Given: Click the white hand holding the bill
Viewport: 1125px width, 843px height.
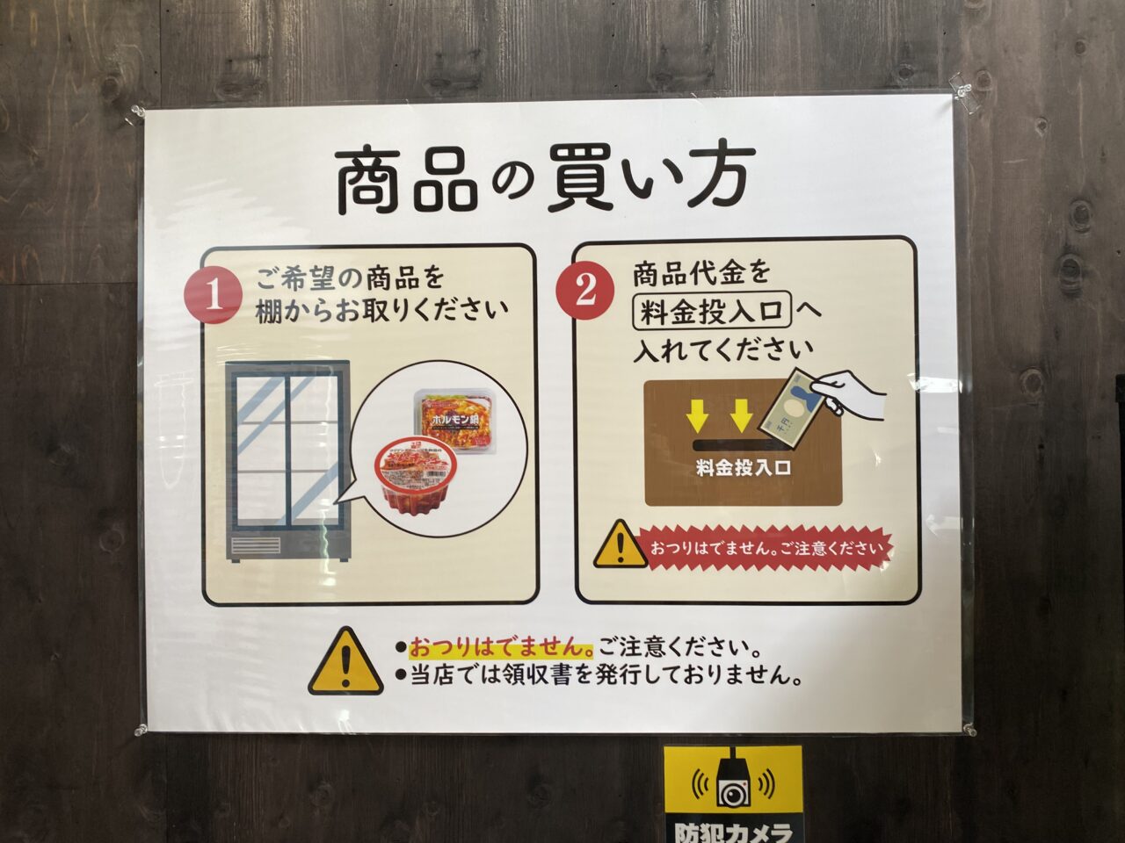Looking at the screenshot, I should [850, 393].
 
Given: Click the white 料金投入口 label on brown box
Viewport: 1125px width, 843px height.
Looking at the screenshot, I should [743, 467].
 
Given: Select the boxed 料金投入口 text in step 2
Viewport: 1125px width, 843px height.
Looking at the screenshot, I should [712, 312].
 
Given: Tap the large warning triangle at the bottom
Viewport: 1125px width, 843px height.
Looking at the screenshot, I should [346, 662].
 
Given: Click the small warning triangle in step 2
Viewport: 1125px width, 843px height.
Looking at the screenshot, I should [621, 544].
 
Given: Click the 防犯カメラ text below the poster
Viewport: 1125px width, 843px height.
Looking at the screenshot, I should [732, 832].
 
